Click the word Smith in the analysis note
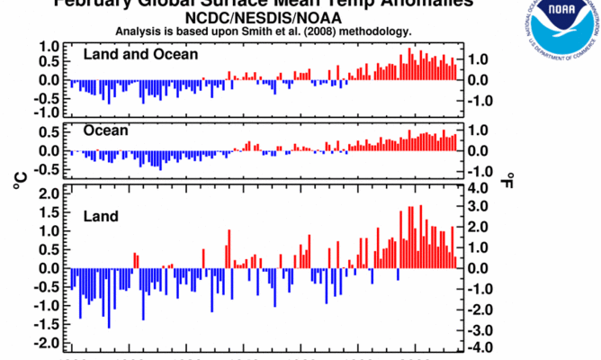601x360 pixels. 251,31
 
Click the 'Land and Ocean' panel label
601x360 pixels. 140,54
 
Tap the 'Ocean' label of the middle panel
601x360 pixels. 106,130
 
